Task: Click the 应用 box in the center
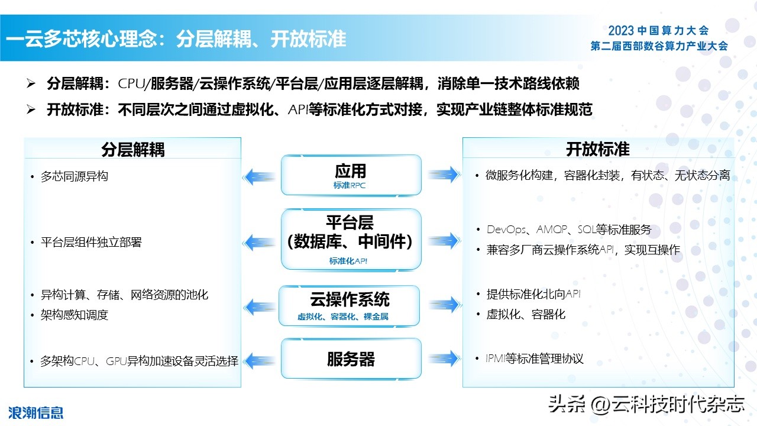(351, 175)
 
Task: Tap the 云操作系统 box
(350, 305)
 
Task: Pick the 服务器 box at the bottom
(351, 359)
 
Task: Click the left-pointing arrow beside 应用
(259, 176)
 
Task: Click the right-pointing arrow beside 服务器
(444, 357)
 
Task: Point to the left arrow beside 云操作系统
(259, 306)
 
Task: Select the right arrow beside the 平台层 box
(444, 240)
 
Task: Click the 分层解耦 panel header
(132, 149)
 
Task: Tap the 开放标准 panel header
(597, 149)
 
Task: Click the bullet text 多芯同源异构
(74, 176)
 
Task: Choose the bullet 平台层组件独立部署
(91, 242)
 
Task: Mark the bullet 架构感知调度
(74, 315)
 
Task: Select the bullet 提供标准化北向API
(533, 294)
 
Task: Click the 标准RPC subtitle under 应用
(350, 185)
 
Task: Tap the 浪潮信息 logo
(35, 412)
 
